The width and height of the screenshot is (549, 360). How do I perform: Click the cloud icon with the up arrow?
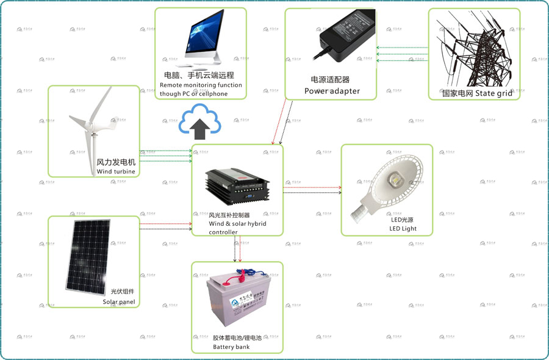pos(199,121)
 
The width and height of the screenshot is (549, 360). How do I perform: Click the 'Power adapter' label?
pos(332,92)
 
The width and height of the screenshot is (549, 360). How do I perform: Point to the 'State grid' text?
pos(493,93)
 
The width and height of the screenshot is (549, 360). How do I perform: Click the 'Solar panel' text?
pos(118,302)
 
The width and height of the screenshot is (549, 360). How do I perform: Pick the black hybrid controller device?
pos(237,181)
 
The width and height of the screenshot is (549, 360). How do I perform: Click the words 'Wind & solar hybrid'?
pos(237,224)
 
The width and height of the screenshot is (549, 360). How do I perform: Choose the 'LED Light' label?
pos(403,229)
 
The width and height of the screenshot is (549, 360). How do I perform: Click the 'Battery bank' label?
pos(231,347)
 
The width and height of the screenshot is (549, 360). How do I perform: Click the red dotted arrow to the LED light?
pos(312,187)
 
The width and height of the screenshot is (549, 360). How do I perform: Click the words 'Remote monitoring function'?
pos(201,85)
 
